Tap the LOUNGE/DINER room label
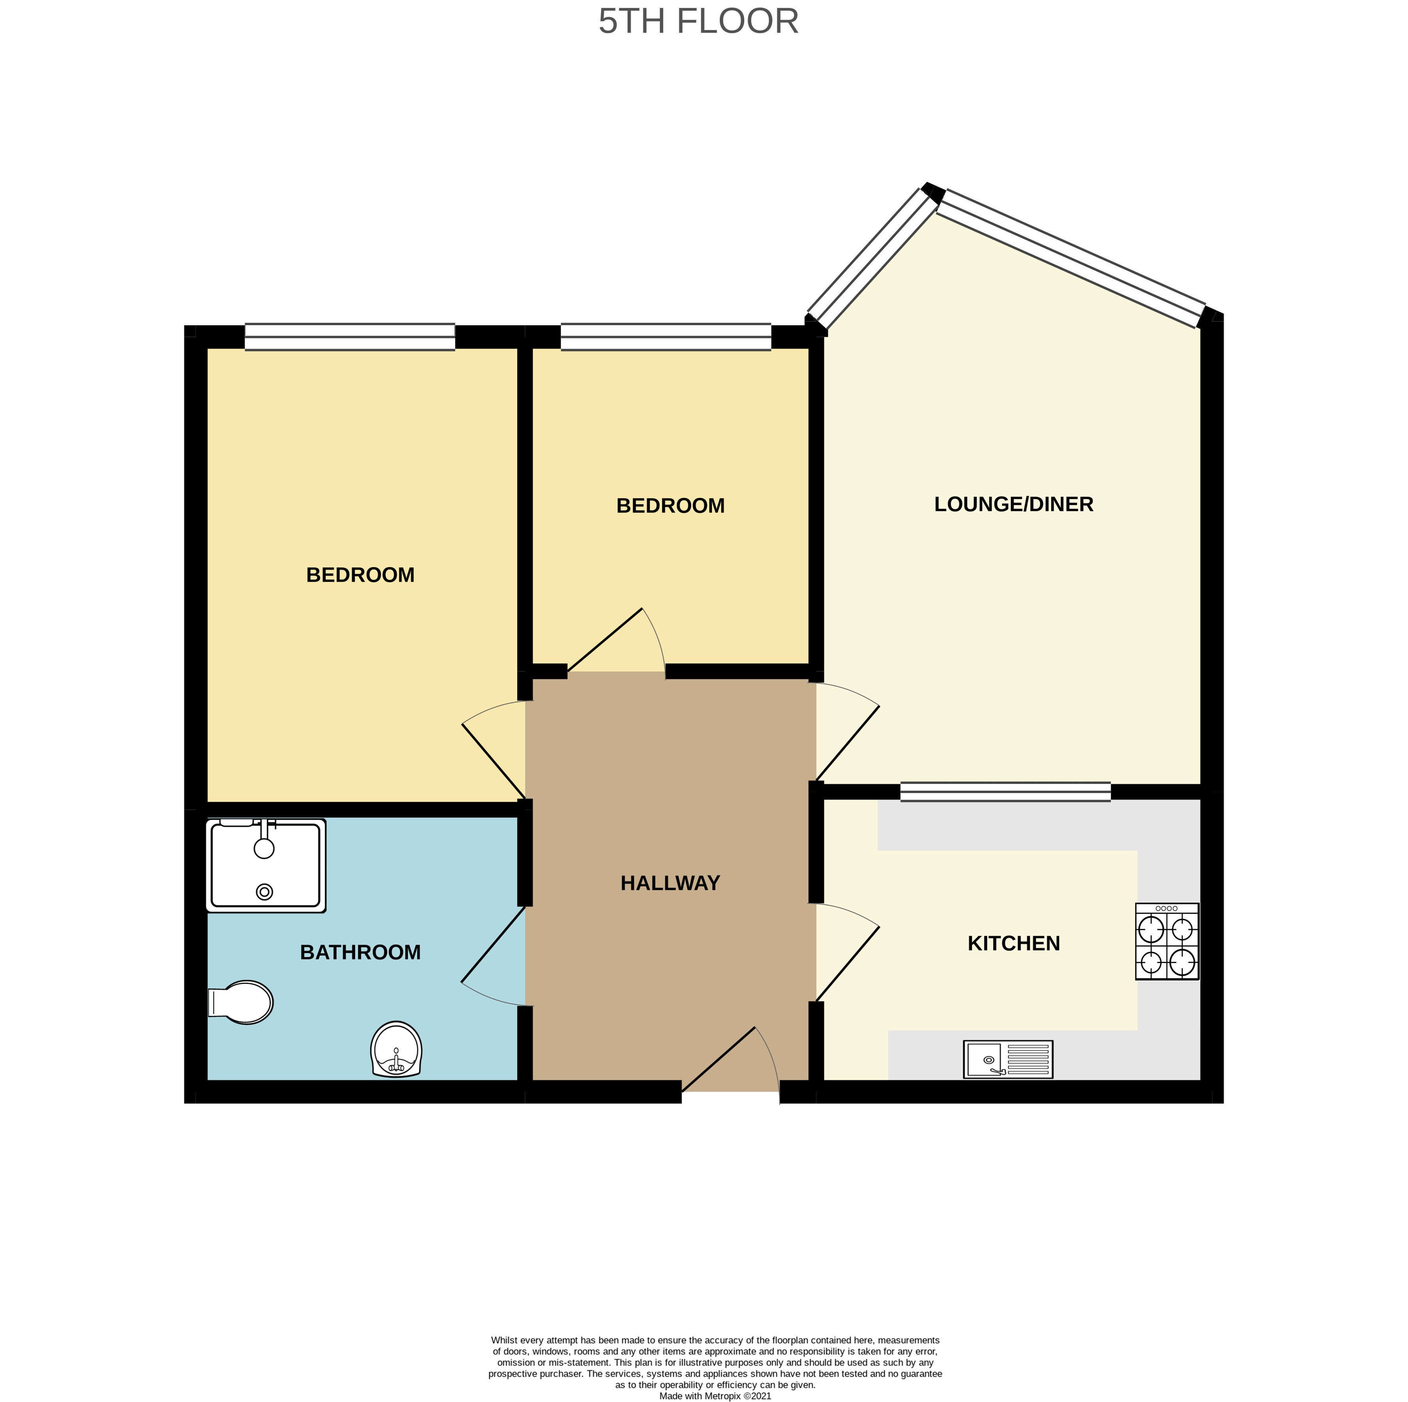point(1014,504)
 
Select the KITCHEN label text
point(1014,944)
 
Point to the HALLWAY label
point(671,883)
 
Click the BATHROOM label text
point(361,952)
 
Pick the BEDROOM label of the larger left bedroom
point(361,575)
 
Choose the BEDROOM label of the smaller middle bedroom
point(671,506)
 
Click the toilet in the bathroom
point(241,1003)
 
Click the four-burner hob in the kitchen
point(1167,942)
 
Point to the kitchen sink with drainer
point(1008,1059)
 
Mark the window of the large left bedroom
point(350,337)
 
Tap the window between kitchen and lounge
point(1006,792)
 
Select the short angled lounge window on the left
point(873,259)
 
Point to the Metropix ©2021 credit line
point(715,1396)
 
